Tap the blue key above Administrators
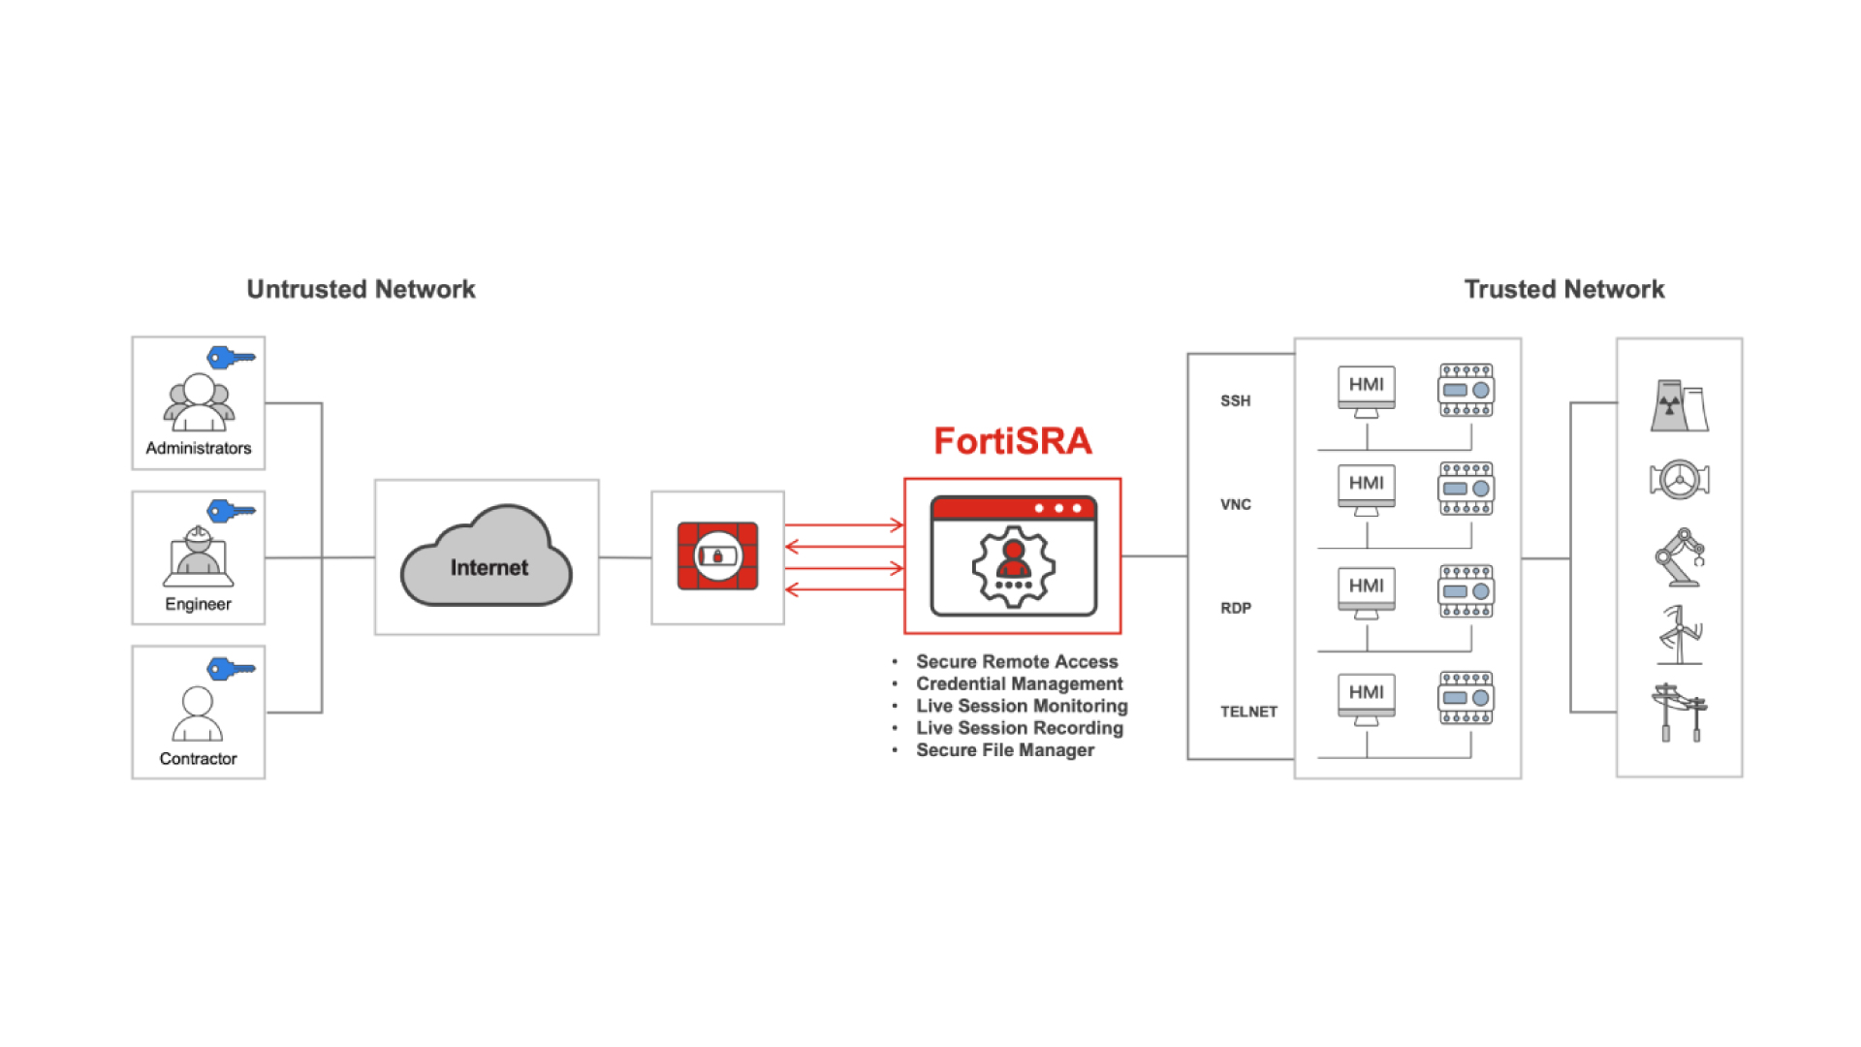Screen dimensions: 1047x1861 pyautogui.click(x=231, y=358)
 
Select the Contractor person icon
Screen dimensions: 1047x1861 pyautogui.click(x=198, y=714)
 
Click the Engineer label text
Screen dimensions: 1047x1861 pyautogui.click(x=198, y=604)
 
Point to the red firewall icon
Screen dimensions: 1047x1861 pyautogui.click(x=717, y=556)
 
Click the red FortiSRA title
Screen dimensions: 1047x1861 pyautogui.click(x=1012, y=441)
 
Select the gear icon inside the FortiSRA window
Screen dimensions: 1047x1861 pyautogui.click(x=1013, y=566)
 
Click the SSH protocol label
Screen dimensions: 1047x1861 pyautogui.click(x=1235, y=400)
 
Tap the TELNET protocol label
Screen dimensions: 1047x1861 pyautogui.click(x=1248, y=712)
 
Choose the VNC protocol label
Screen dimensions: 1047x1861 pyautogui.click(x=1235, y=504)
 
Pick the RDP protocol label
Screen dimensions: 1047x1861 pyautogui.click(x=1235, y=608)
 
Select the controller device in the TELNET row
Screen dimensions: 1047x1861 pyautogui.click(x=1466, y=698)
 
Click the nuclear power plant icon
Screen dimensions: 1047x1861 pyautogui.click(x=1679, y=405)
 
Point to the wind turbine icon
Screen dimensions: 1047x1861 pyautogui.click(x=1680, y=635)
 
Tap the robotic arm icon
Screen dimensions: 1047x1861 pyautogui.click(x=1679, y=557)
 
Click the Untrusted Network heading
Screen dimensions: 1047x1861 pyautogui.click(x=361, y=289)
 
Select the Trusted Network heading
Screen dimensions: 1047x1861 pyautogui.click(x=1563, y=289)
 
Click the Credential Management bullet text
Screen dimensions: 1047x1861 pyautogui.click(x=1019, y=683)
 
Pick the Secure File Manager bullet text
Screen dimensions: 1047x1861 pyautogui.click(x=1005, y=749)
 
